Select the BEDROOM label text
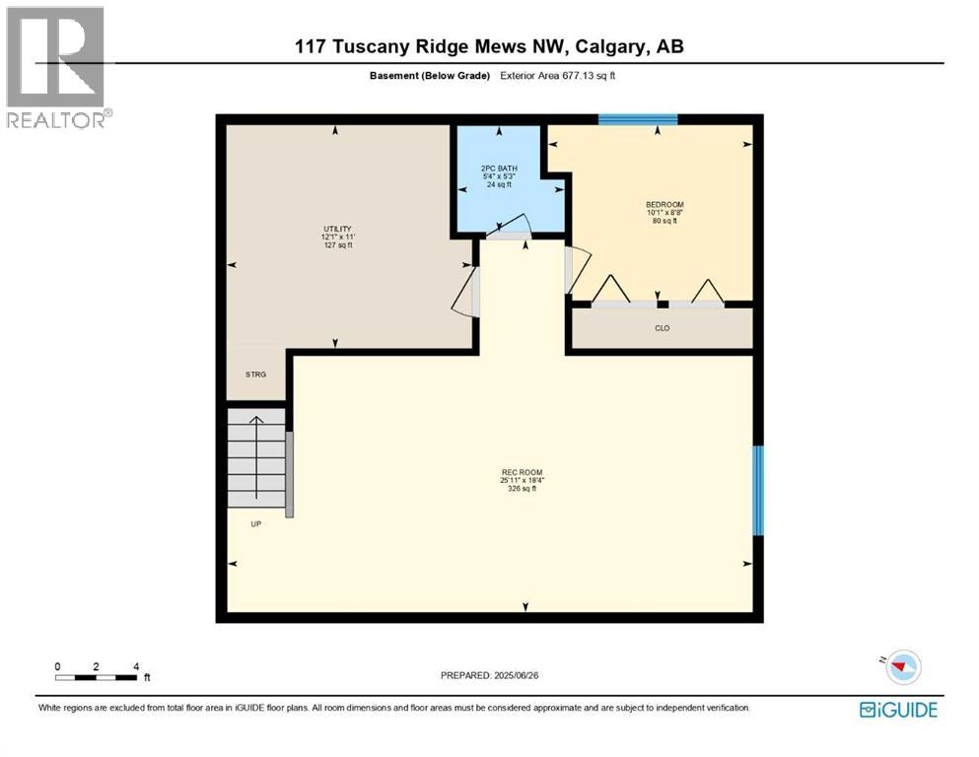664,205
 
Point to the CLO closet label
663,328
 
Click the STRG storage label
255,375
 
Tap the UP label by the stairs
255,523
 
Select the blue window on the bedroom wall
638,120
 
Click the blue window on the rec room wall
757,490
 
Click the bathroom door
509,229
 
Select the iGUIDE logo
898,710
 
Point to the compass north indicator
898,666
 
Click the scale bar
97,676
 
